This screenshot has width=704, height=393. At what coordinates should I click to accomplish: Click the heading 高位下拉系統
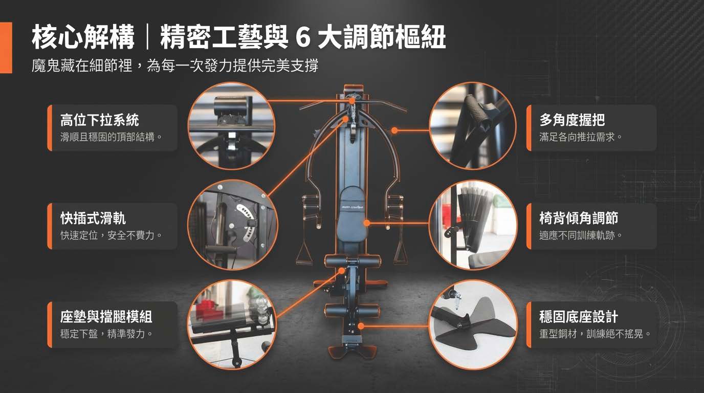click(100, 120)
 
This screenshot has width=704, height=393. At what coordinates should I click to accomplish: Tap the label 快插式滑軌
click(93, 218)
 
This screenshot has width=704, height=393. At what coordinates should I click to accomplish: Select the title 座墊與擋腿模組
click(106, 317)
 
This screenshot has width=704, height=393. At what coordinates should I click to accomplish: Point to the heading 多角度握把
click(572, 120)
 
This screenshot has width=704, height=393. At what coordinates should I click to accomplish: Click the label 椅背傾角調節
click(579, 218)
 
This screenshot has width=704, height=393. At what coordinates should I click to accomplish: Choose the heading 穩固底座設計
click(579, 317)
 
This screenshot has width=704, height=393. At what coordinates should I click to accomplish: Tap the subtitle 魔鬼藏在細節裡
click(82, 65)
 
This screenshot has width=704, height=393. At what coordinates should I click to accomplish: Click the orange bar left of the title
click(6, 48)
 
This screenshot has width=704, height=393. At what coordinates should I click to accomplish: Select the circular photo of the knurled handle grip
click(473, 126)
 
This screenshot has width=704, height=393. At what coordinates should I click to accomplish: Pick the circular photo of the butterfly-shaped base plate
click(473, 324)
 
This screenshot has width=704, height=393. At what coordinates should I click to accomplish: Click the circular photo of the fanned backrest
click(473, 225)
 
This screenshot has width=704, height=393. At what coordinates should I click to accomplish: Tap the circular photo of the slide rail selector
click(233, 225)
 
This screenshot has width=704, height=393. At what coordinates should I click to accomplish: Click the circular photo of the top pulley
click(232, 126)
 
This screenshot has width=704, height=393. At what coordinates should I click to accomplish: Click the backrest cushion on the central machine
click(353, 217)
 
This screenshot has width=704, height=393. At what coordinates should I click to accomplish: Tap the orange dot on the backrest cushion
click(366, 223)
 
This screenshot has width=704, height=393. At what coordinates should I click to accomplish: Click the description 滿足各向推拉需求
click(580, 137)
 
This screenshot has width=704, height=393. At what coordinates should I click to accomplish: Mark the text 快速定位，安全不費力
click(111, 235)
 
